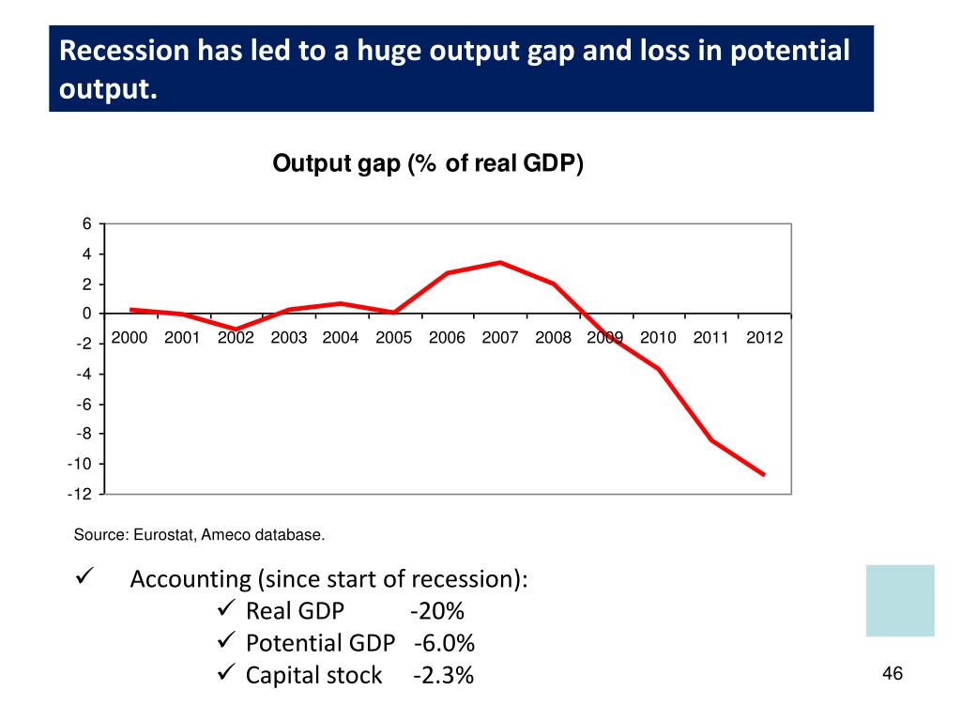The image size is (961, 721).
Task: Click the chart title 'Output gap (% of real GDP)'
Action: (428, 164)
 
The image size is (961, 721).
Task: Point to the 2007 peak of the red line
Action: (501, 263)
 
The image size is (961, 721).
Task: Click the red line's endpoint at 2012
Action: (765, 475)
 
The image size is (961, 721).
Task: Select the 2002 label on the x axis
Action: (236, 339)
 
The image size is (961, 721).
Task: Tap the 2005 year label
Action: (394, 339)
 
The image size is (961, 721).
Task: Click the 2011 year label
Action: (711, 339)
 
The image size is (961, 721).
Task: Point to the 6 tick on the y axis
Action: (86, 224)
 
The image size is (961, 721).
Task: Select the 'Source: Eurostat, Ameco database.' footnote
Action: (200, 535)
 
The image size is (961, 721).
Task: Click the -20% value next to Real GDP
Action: (437, 611)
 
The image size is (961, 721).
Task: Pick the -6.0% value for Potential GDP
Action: (444, 643)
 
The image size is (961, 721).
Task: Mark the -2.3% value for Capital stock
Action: (443, 675)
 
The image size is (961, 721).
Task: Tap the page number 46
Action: (892, 674)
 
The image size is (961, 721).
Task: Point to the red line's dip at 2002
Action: (236, 330)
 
